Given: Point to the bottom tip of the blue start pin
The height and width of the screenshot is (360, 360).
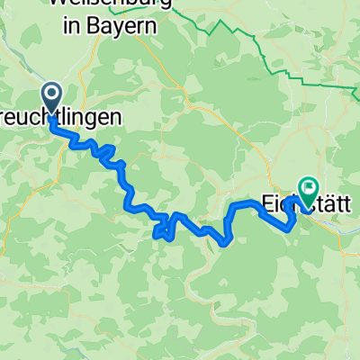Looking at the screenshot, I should tap(51, 115).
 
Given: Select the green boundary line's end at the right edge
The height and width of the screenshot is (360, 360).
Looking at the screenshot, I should tap(358, 88).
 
